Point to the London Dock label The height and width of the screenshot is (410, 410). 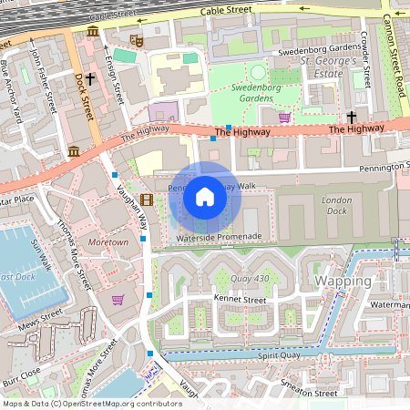click(x=336, y=205)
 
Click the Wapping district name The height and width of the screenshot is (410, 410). click(x=343, y=281)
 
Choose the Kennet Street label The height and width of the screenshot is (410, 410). click(x=239, y=299)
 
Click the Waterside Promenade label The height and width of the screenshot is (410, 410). click(x=220, y=237)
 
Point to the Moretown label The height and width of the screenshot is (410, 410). click(x=109, y=243)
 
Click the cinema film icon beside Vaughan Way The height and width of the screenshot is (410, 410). click(x=147, y=200)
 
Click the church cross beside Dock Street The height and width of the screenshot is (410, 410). click(x=90, y=79)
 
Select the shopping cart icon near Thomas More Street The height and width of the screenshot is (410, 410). click(x=118, y=299)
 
